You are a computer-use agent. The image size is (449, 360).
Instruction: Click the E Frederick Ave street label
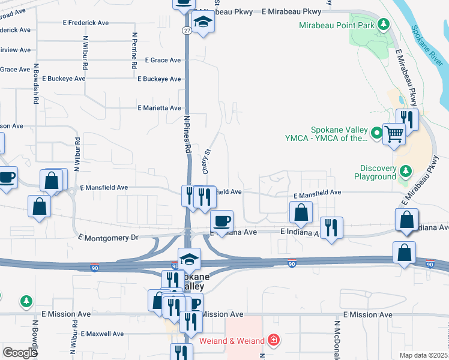pos(86,22)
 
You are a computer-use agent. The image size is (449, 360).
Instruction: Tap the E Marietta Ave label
pos(159,108)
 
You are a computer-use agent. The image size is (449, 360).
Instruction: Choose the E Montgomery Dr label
pos(108,238)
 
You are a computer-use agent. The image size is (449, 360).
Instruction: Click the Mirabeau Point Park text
pos(337,25)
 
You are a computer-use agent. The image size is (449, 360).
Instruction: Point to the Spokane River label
pos(427,47)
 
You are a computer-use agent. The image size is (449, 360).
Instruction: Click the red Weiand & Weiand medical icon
pos(274,341)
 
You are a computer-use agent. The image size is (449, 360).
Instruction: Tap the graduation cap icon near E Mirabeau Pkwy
pos(203,23)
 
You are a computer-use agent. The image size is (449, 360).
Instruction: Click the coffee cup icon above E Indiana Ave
pos(222,221)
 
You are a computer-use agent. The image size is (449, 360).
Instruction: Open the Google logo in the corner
pos(20,353)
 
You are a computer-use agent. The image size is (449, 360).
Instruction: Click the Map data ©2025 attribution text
pos(424,355)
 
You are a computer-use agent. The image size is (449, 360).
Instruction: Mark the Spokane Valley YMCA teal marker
pos(376,133)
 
